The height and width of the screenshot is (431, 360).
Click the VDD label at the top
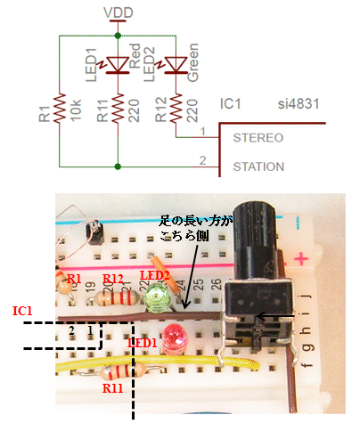point(119,12)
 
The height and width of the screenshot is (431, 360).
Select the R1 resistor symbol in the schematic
point(60,108)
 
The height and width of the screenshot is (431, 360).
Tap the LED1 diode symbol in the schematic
point(117,65)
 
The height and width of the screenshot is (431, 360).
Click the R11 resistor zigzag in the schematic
point(118,108)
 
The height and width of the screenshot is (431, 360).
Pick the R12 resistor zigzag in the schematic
point(176,108)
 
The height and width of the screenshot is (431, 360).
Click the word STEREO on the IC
point(258,138)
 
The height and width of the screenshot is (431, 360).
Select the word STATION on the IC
point(258,167)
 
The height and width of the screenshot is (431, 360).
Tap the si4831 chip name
point(299,104)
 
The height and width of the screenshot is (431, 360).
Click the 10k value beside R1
point(76,110)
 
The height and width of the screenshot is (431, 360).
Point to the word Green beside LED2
point(193,62)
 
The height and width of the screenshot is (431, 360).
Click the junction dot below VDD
point(118,36)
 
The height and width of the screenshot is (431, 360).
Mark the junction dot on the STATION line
point(118,167)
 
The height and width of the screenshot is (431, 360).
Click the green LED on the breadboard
point(157,297)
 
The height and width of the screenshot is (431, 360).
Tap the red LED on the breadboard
point(176,339)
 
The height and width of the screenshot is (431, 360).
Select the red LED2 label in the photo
point(154,276)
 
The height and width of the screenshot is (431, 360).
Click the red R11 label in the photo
point(112,388)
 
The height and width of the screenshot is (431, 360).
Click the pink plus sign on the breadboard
point(301,259)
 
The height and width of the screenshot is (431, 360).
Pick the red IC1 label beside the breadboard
point(22,311)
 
